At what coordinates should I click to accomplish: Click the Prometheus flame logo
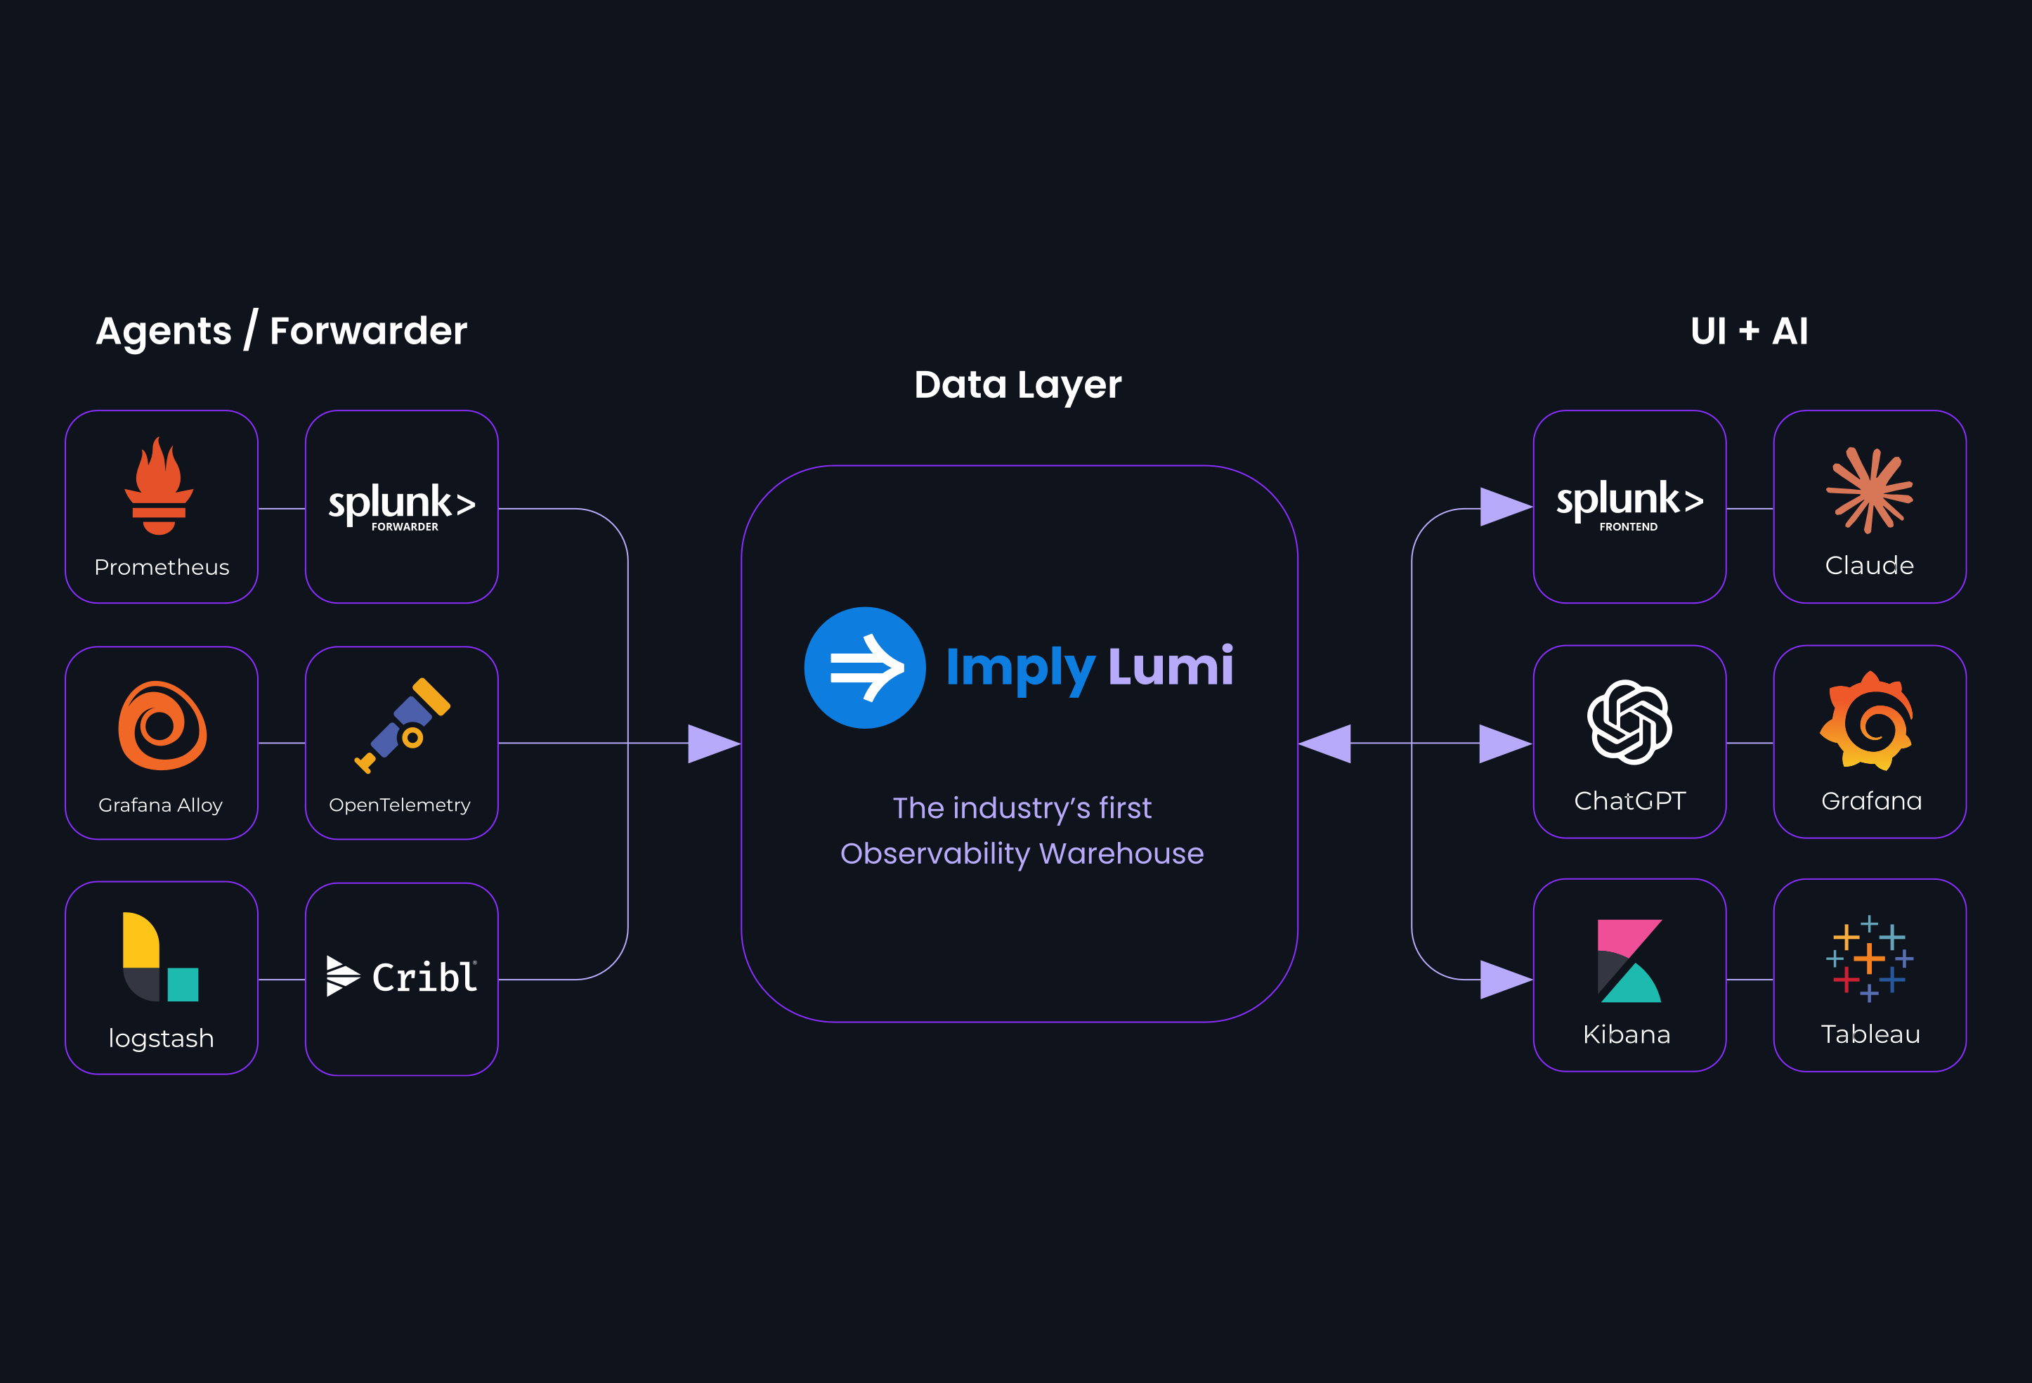[159, 486]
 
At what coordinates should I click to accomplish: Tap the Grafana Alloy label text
[161, 805]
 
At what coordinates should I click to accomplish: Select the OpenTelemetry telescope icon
[403, 725]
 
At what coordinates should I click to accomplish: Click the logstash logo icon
[161, 957]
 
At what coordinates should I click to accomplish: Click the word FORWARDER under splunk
[405, 526]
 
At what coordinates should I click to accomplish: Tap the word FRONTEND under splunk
[1628, 526]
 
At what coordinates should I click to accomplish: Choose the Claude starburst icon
[1870, 490]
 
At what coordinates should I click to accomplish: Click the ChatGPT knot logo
[1630, 722]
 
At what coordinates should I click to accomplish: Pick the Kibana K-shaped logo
[1629, 961]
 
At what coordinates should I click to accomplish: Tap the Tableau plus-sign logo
[1870, 959]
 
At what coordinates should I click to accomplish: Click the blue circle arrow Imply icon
[865, 668]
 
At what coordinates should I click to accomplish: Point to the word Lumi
[1171, 667]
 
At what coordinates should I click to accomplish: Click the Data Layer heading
[1017, 385]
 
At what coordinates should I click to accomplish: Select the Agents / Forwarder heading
[282, 332]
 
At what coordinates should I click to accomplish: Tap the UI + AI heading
[1749, 332]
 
